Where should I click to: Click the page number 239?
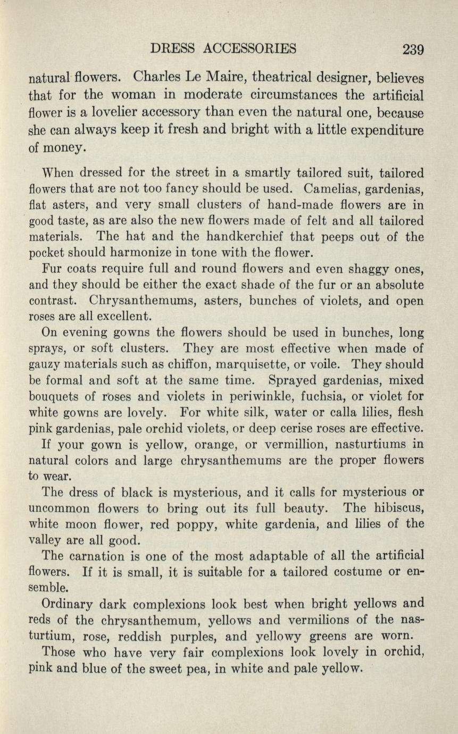(x=413, y=49)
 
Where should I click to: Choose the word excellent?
(x=123, y=316)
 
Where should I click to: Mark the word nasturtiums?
(x=369, y=444)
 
